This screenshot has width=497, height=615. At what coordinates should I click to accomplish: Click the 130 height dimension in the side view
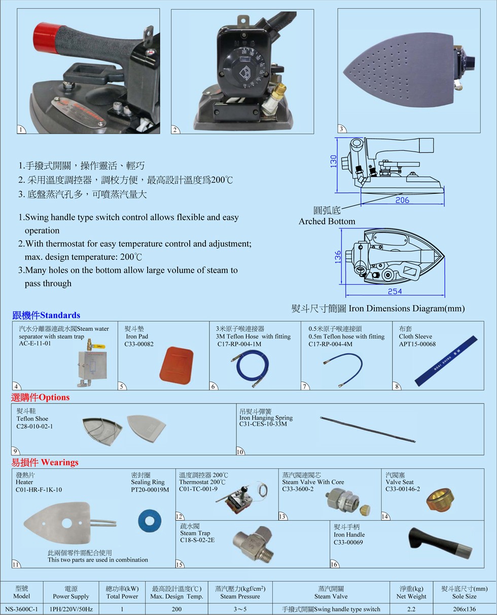[x=333, y=161]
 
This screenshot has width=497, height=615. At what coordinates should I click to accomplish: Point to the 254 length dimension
[x=395, y=291]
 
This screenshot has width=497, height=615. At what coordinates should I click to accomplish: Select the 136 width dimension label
[x=337, y=257]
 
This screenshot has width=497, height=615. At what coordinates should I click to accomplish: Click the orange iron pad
[x=176, y=365]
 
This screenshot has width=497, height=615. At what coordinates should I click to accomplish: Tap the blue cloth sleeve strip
[x=446, y=361]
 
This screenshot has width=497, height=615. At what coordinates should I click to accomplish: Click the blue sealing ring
[x=150, y=521]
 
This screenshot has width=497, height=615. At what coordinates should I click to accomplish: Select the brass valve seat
[x=440, y=500]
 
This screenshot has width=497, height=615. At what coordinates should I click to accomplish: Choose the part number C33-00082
[x=139, y=344]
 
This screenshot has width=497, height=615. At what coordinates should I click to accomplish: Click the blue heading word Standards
[x=60, y=315]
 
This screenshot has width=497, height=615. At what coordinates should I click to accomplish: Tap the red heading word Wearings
[x=59, y=463]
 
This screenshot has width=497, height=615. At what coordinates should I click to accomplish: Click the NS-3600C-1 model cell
[x=21, y=609]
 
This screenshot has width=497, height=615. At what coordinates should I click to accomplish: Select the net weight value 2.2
[x=411, y=609]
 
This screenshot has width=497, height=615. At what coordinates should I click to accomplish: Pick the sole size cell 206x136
[x=464, y=609]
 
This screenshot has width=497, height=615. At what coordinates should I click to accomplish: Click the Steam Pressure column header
[x=240, y=596]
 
